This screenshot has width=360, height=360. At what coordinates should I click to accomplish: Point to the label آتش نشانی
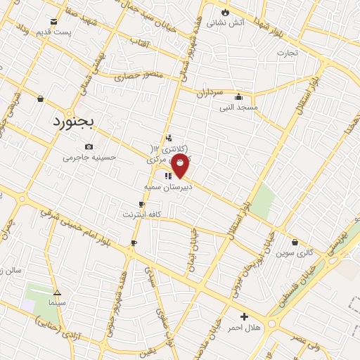228,22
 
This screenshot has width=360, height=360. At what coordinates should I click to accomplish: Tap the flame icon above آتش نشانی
224,12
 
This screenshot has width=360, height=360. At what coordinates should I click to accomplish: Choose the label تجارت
287,52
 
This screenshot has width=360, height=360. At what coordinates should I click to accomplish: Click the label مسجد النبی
239,108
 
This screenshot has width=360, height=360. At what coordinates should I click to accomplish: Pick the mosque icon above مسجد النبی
239,97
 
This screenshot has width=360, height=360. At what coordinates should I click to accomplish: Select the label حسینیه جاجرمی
89,157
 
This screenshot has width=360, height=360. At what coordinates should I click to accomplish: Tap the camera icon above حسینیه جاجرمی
89,146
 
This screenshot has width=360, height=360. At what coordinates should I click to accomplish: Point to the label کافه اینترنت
142,214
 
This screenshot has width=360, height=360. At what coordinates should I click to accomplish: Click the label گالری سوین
294,252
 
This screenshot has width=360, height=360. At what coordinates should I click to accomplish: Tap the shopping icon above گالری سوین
295,242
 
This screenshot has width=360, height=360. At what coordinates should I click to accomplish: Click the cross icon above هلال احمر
244,316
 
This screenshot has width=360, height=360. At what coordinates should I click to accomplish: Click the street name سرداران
210,92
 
